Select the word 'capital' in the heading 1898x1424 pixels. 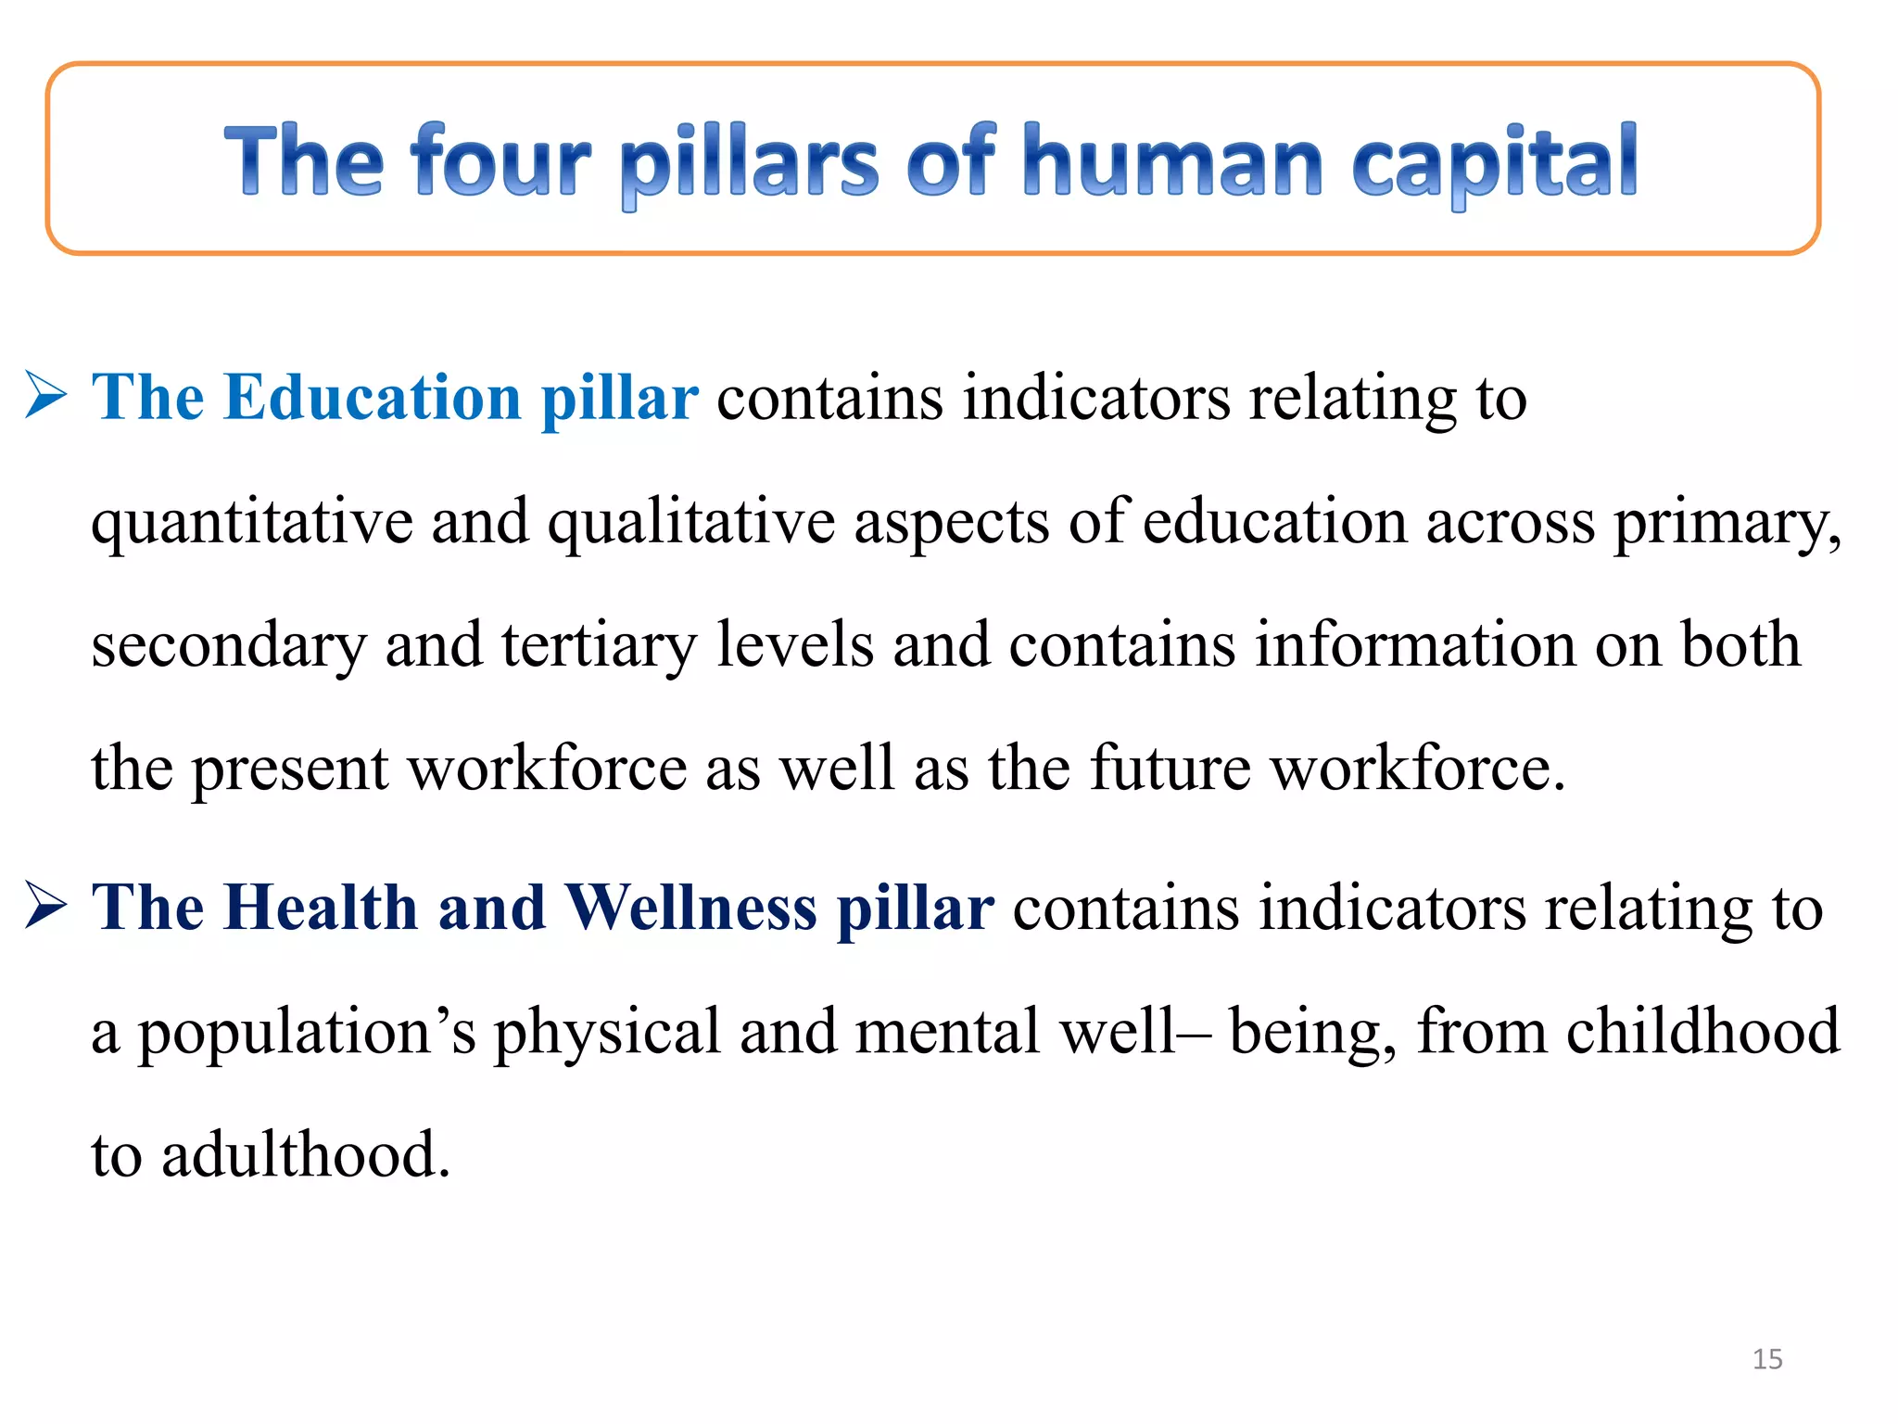1494,162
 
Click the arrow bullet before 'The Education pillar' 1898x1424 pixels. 45,395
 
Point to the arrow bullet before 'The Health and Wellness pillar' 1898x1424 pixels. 45,906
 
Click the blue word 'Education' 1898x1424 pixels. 372,397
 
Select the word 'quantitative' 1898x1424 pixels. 251,522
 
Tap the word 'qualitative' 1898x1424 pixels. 690,522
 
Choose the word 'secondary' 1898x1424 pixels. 228,645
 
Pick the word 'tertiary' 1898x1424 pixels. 598,645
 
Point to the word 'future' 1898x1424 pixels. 1170,768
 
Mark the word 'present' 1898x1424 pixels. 289,769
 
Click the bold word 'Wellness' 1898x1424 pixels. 690,907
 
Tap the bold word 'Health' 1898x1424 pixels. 321,907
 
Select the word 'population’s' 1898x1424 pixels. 307,1032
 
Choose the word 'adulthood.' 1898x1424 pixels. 306,1154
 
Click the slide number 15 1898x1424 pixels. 1767,1359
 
